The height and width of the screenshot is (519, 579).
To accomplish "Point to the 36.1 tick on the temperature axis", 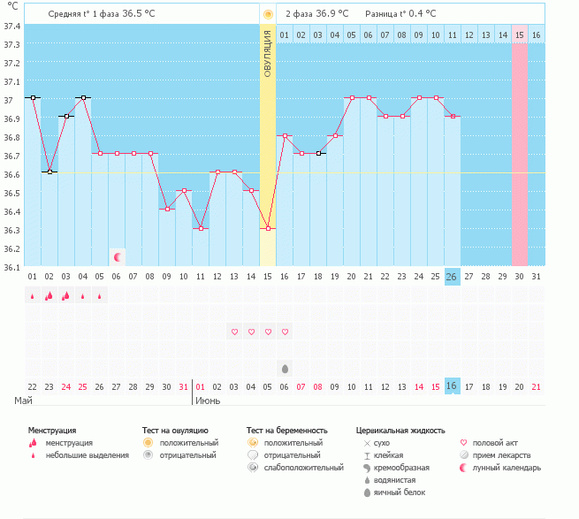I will (12, 267).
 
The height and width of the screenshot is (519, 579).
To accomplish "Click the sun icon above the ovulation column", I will (268, 15).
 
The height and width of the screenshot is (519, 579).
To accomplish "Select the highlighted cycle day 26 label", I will (452, 277).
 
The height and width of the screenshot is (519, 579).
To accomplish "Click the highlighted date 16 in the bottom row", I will (452, 386).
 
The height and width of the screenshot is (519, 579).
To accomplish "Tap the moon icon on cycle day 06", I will (117, 257).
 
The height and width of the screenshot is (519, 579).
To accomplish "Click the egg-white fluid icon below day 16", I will (285, 368).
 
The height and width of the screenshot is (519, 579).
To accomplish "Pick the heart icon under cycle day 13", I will (234, 332).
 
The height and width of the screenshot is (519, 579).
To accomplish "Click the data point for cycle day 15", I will (268, 228).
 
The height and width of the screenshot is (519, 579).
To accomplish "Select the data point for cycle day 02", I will (50, 172).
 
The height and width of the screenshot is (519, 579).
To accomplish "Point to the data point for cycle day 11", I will (201, 228).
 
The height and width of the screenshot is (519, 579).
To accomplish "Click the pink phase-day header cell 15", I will (520, 34).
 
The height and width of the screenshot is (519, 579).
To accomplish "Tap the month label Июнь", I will (208, 401).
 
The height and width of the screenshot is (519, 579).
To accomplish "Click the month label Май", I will (24, 401).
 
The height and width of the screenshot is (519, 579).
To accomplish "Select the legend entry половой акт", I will (495, 442).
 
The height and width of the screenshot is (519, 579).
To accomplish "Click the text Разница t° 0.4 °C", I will (399, 15).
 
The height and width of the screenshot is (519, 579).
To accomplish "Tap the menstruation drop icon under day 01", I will (33, 296).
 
